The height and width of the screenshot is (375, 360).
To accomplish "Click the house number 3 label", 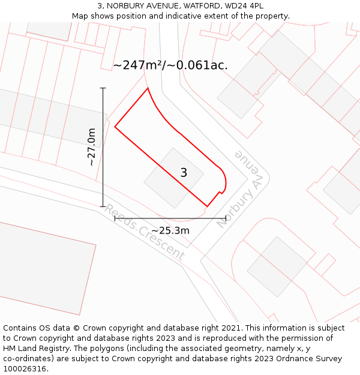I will tap(184, 173).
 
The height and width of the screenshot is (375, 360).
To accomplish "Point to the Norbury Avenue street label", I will tap(241, 188).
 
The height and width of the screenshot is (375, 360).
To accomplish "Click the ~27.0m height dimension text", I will tap(91, 147).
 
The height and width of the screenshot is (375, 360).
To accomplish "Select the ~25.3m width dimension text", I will tap(170, 231).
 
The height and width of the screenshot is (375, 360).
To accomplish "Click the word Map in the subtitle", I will tap(80, 16).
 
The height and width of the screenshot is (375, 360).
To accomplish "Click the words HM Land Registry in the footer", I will tap(34, 349).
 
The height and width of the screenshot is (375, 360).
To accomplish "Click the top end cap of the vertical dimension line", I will tap(103, 88).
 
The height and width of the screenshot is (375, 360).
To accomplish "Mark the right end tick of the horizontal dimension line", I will tap(226, 218).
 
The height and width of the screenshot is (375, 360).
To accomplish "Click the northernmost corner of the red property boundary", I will tap(148, 89).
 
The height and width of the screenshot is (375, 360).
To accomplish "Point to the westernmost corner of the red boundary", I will tap(115, 127).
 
